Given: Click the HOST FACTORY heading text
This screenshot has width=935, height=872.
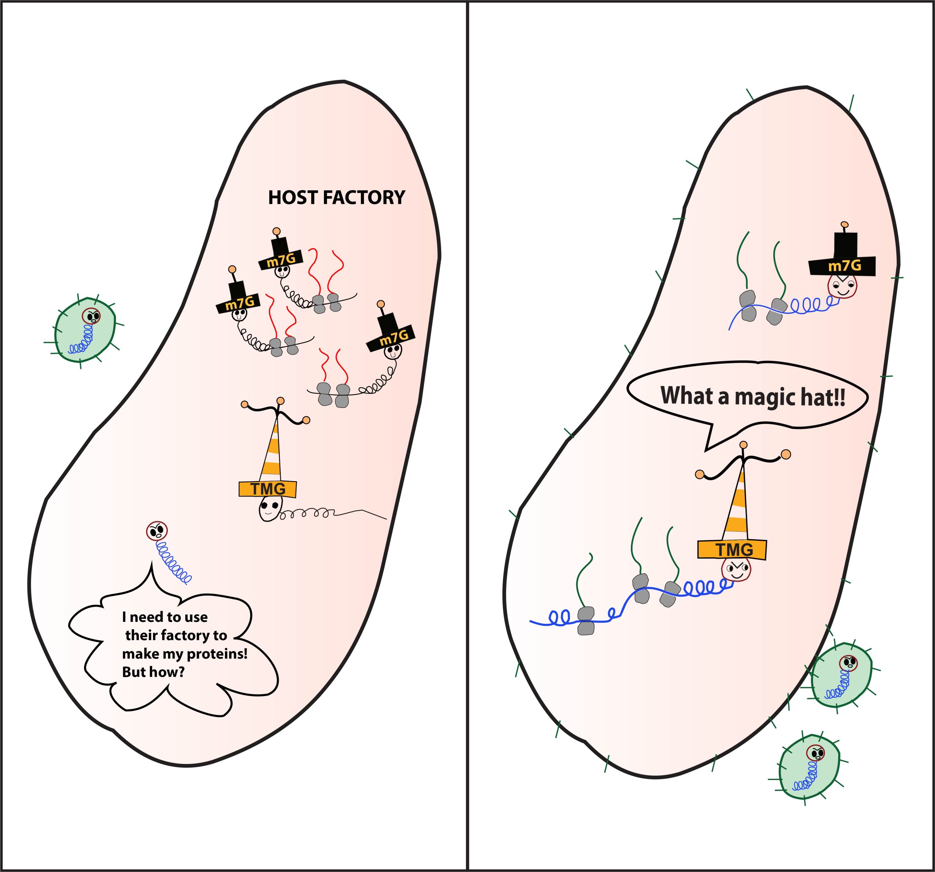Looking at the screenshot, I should tap(336, 198).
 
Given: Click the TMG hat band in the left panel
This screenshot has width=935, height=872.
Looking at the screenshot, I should tap(268, 489).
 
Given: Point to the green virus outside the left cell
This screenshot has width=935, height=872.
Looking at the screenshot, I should tap(85, 330).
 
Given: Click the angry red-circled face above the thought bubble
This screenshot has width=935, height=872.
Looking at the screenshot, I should tap(157, 531).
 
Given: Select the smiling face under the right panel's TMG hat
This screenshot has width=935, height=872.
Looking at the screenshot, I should tap(736, 570).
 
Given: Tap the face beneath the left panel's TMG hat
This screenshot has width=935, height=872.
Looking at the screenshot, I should tap(270, 509).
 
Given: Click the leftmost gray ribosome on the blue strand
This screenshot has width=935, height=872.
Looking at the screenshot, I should tap(585, 621).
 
